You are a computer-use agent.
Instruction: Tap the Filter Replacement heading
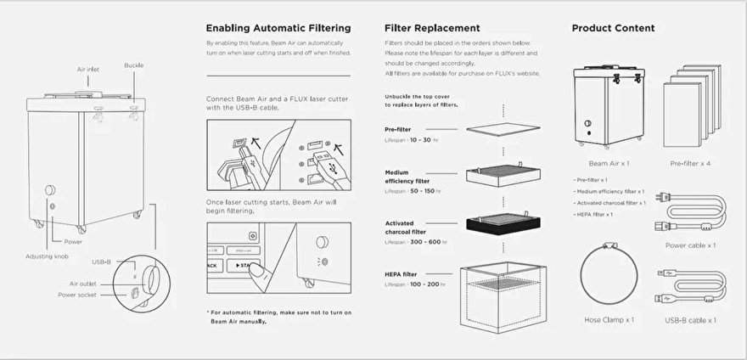(x=432, y=28)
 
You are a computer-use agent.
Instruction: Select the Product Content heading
(x=613, y=28)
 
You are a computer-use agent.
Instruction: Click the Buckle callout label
(x=134, y=65)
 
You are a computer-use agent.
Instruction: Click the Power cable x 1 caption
(x=690, y=245)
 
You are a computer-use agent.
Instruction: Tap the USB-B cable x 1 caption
(x=689, y=320)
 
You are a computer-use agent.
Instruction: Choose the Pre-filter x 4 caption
(x=690, y=162)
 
